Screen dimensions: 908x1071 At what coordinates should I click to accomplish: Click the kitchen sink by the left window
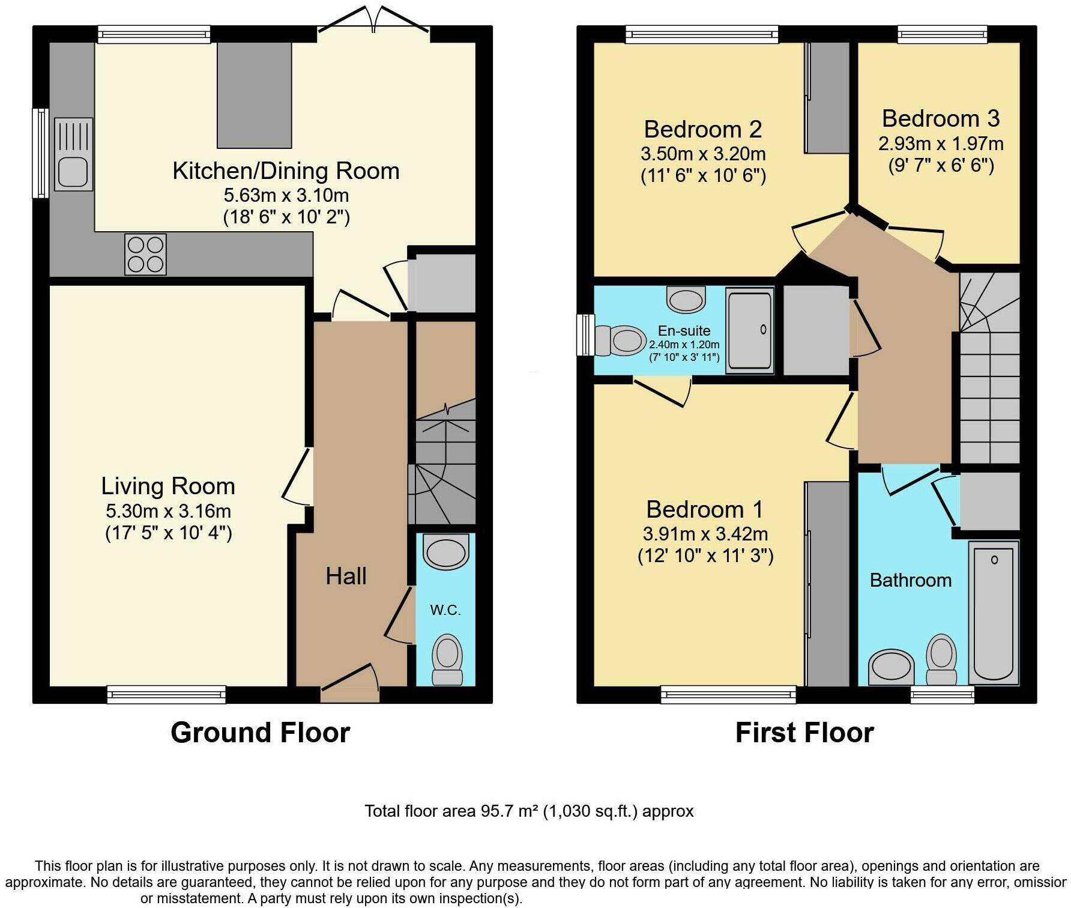point(73,155)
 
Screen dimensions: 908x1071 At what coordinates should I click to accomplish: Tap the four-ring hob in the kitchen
point(145,255)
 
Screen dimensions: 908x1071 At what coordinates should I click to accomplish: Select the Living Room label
point(167,486)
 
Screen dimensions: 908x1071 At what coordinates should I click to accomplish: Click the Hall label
point(346,576)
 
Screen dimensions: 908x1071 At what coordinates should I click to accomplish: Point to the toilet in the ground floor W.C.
point(447,659)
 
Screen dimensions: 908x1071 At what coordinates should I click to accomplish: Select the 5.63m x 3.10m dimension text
point(286,195)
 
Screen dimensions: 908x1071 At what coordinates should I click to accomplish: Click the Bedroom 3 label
point(940,118)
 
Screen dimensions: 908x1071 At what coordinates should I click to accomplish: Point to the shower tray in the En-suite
point(750,330)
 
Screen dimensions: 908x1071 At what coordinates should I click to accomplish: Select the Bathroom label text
point(910,580)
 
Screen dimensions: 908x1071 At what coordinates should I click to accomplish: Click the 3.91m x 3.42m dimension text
point(705,534)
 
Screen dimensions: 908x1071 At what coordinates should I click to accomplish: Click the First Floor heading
point(804,733)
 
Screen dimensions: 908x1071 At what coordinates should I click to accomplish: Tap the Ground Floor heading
point(260,733)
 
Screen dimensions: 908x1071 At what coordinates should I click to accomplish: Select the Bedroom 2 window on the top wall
point(702,35)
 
